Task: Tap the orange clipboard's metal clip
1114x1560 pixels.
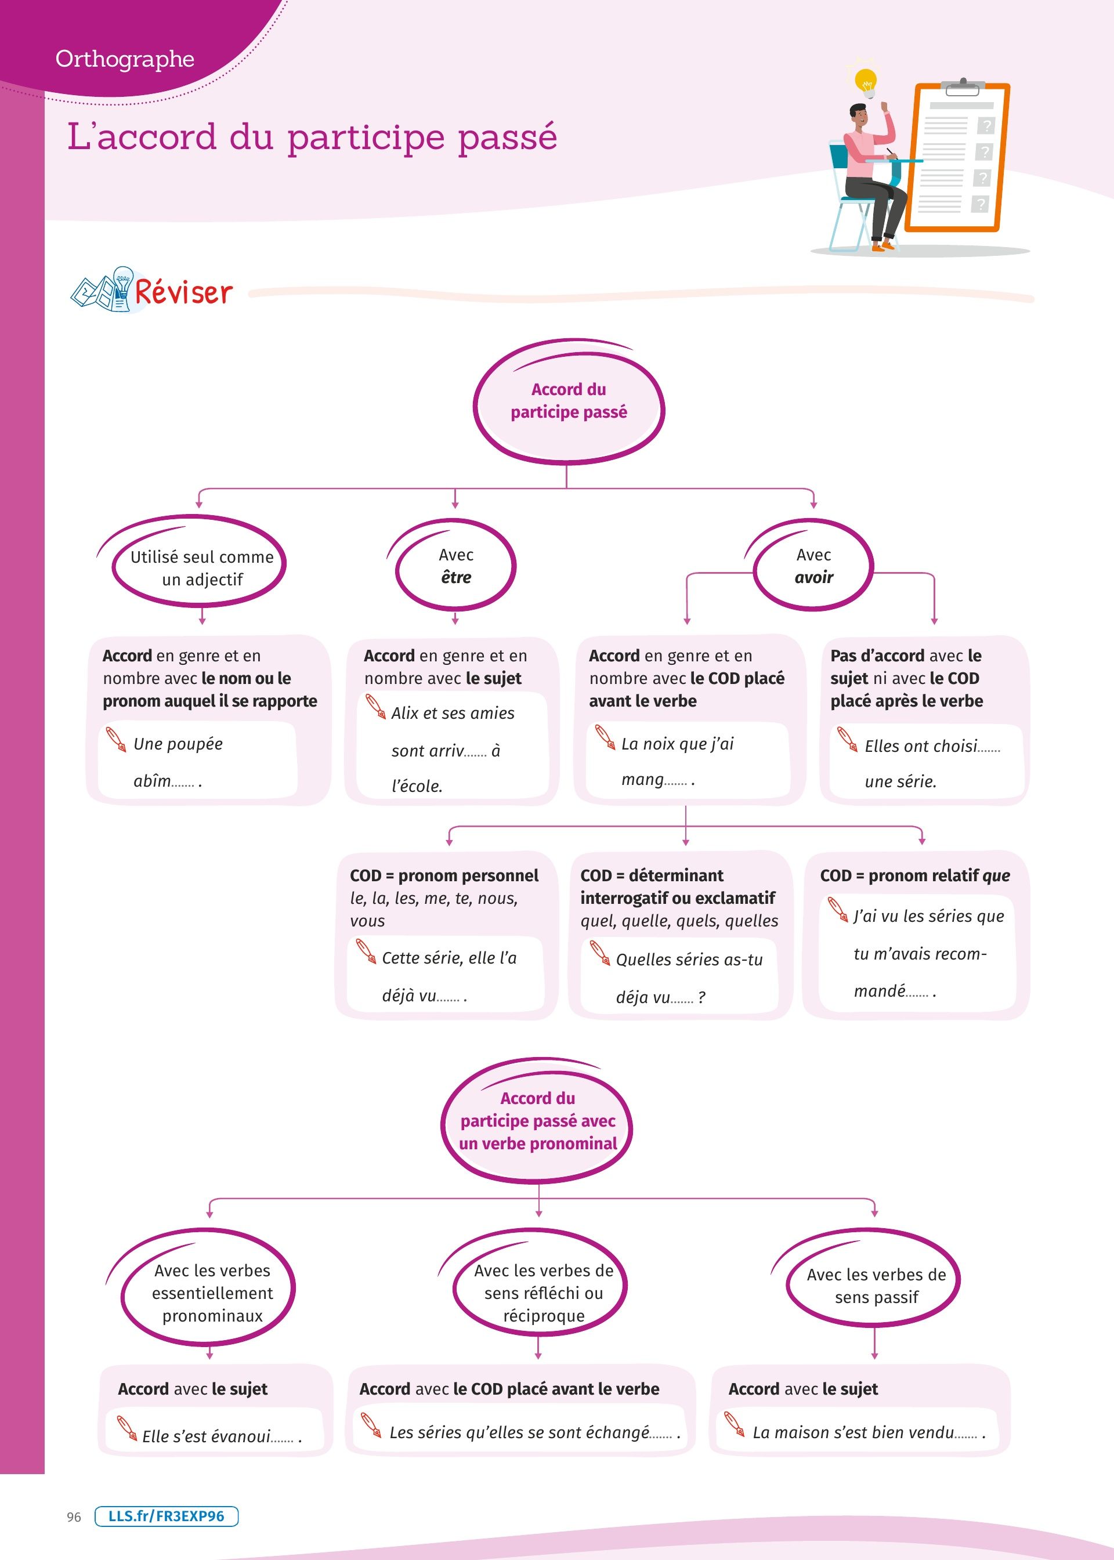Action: [x=963, y=87]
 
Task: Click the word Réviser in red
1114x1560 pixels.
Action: [x=184, y=293]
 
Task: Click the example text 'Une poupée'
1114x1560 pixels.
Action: [x=178, y=744]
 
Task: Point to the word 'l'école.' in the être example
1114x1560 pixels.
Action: [x=417, y=786]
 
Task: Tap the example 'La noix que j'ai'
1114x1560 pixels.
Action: [x=677, y=744]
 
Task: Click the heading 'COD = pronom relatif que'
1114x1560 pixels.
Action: [x=915, y=875]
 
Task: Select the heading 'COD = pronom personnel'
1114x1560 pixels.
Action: [x=444, y=875]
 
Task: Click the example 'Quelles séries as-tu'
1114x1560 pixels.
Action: [x=689, y=960]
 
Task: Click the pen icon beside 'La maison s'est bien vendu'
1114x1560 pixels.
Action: [x=735, y=1424]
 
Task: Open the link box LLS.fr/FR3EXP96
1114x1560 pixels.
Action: [x=167, y=1516]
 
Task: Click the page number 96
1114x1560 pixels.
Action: [x=74, y=1517]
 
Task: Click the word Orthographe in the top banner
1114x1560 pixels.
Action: [x=125, y=59]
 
